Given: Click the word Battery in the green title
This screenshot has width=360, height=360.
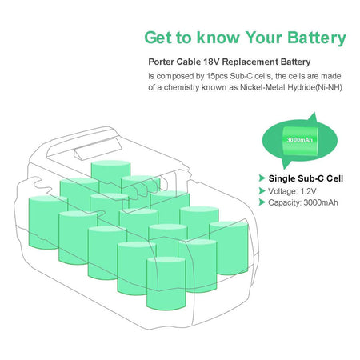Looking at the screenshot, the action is (317, 38).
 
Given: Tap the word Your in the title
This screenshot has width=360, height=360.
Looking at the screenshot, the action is (264, 38).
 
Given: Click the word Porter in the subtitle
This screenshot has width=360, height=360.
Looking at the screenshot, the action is (161, 62).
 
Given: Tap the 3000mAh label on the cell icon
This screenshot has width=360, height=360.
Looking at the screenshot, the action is (299, 140).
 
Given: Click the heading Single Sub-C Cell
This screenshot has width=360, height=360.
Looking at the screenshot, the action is (306, 178).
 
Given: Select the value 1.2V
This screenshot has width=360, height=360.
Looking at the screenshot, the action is (308, 191).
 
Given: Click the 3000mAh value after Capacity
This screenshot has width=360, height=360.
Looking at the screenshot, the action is (321, 202).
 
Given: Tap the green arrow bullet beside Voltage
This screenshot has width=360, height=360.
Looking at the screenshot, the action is (262, 191).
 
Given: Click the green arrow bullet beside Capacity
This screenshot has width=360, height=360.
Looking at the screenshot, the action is (262, 202).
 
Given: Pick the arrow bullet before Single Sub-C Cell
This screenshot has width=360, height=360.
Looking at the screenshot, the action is (262, 178).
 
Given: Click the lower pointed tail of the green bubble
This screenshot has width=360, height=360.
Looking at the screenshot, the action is (286, 163).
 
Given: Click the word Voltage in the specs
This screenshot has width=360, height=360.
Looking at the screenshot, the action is (282, 191).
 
